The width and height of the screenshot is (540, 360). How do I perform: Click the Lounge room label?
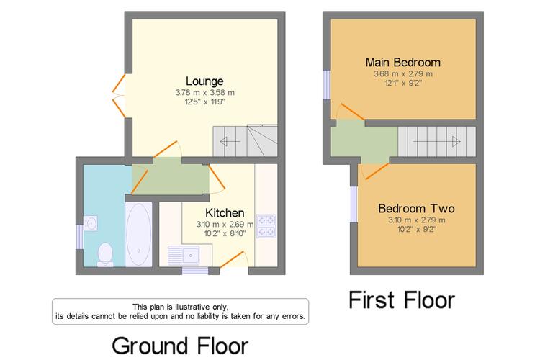(x=204, y=81)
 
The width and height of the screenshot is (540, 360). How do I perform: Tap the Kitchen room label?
(x=225, y=212)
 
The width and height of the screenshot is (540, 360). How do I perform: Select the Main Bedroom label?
(x=403, y=63)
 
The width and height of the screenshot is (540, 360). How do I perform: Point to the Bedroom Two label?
(x=416, y=208)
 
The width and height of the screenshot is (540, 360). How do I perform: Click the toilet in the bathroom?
(x=105, y=255)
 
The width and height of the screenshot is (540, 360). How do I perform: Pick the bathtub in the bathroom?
(x=138, y=234)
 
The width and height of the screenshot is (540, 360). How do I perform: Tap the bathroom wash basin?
(x=90, y=223)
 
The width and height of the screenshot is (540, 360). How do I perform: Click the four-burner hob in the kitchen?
(x=266, y=226)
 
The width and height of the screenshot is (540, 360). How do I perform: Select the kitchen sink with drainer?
(x=184, y=256)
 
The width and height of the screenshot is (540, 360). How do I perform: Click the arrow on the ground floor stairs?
(x=230, y=141)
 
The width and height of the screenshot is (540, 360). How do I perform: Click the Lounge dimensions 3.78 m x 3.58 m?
(x=205, y=92)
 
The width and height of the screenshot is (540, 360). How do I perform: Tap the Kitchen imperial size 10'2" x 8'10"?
(x=225, y=233)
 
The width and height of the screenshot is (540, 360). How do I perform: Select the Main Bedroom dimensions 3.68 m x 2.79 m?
(x=403, y=73)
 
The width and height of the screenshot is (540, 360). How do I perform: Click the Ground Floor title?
(x=180, y=346)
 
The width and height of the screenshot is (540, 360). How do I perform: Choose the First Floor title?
(x=402, y=300)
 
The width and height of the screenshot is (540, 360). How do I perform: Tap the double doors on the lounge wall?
(x=119, y=95)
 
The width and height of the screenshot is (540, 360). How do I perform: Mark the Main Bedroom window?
(x=326, y=85)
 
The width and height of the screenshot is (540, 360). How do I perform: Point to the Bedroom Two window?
(x=354, y=204)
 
